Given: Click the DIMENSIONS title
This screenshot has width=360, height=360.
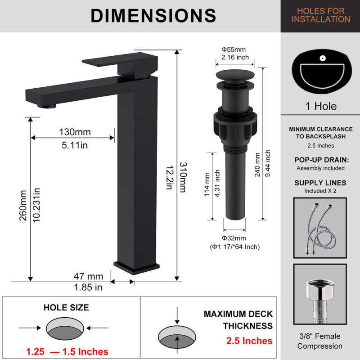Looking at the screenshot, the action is [153, 16].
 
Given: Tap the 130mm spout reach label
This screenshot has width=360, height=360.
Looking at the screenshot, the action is [75, 132].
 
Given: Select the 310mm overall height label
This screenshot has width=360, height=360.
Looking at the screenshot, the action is [183, 177].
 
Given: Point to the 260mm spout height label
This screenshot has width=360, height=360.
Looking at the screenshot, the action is [23, 206].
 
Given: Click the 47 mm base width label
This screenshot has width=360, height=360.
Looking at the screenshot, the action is [88, 276].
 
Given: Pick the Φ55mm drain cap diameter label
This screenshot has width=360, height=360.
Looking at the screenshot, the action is [234, 49].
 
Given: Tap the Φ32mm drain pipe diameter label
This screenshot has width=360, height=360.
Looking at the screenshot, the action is [234, 238].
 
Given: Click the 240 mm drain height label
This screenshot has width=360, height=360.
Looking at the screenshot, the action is [257, 165].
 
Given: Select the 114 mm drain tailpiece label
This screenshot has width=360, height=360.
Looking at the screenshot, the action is [207, 184].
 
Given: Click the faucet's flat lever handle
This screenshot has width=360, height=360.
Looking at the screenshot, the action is [119, 59].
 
